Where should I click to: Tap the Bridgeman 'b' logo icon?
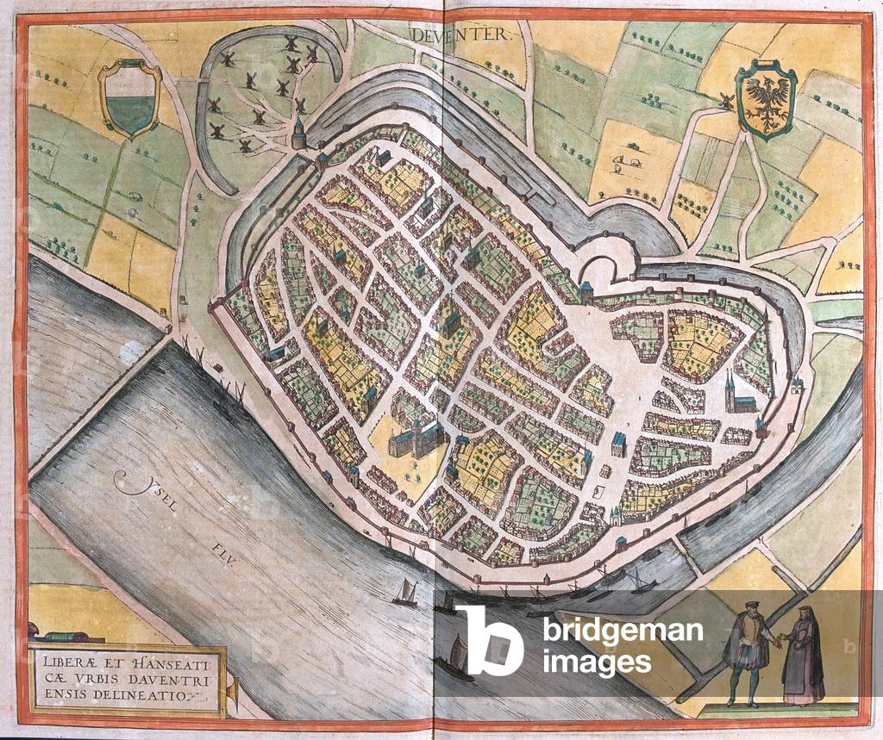(x=489, y=638)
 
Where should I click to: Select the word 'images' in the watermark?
(x=596, y=662)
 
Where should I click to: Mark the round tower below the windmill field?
(x=299, y=134)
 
